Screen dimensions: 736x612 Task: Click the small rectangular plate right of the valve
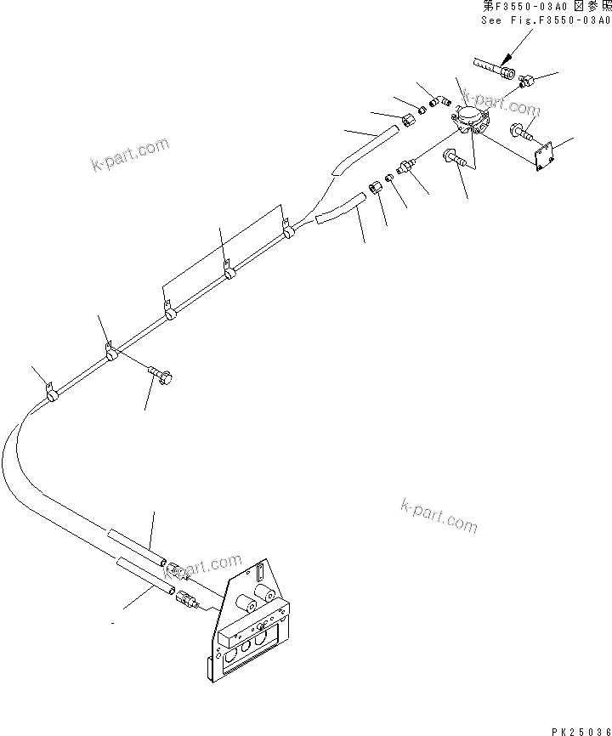click(x=543, y=156)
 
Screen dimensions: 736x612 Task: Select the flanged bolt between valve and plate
click(x=520, y=131)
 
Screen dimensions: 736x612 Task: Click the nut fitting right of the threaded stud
click(x=525, y=82)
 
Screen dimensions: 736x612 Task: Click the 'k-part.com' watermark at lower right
click(x=439, y=515)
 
